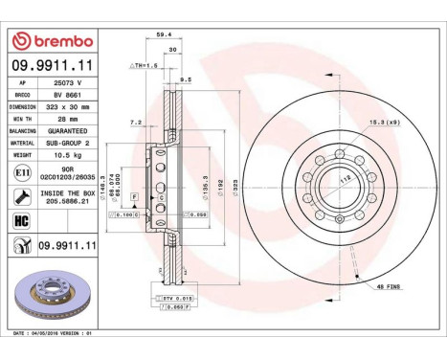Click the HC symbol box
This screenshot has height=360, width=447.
[x=21, y=221]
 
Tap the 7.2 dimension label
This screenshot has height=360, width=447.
[x=136, y=124]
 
